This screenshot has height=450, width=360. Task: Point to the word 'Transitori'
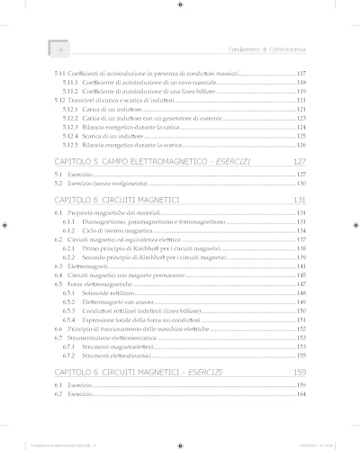[x=85, y=101]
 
